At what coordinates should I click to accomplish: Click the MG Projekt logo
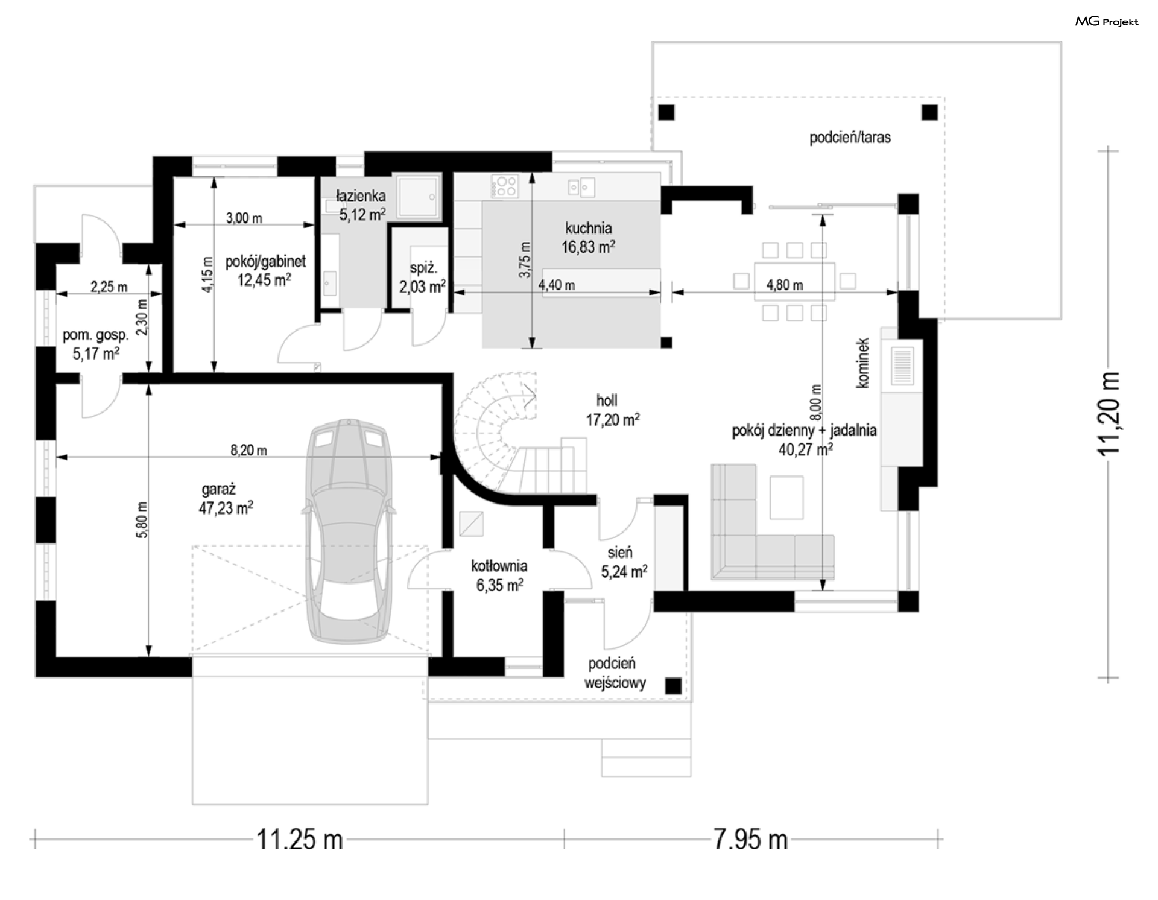[1107, 22]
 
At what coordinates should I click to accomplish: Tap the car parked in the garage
[349, 531]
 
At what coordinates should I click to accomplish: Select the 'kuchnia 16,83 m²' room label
[588, 238]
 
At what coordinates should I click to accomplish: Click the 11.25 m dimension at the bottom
[300, 839]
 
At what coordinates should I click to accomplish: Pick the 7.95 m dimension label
[750, 839]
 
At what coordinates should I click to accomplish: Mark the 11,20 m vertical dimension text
[1109, 413]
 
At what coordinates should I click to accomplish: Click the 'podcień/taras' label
[850, 138]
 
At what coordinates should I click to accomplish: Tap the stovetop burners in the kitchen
[504, 186]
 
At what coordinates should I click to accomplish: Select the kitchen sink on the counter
[581, 187]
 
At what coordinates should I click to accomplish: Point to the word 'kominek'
[862, 363]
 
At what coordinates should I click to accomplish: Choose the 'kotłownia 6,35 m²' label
[499, 575]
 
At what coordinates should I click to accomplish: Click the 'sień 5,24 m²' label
[624, 562]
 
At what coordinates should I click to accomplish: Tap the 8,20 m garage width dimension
[248, 450]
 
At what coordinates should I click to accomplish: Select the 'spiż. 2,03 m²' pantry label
[422, 277]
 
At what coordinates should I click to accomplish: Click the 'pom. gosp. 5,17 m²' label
[96, 344]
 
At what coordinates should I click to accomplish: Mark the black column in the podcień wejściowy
[673, 686]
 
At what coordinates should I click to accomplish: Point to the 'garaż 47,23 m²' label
[226, 499]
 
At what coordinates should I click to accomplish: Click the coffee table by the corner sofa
[786, 497]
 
